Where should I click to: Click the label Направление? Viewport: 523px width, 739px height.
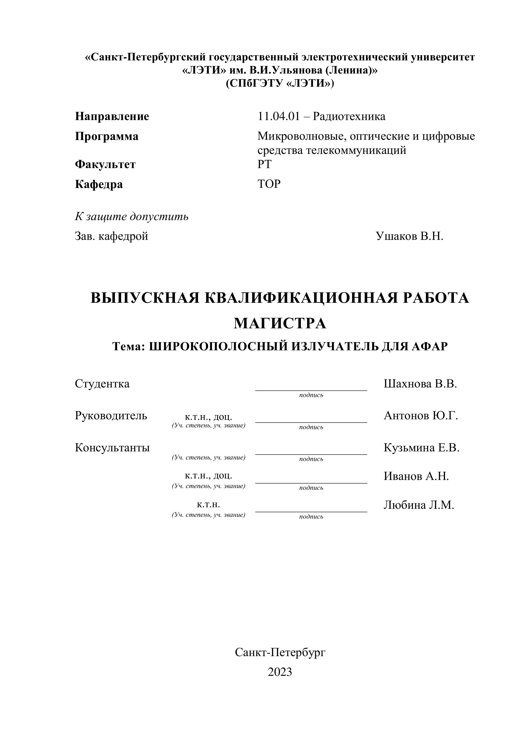click(x=112, y=116)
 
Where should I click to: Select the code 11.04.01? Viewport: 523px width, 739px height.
click(x=278, y=116)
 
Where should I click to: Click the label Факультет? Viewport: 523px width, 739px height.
click(x=105, y=165)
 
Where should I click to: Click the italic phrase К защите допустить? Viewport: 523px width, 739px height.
click(x=132, y=217)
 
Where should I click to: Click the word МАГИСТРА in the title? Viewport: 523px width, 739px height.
click(x=280, y=324)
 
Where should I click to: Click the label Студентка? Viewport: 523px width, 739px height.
click(x=102, y=384)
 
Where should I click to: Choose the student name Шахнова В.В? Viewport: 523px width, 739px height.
click(x=420, y=384)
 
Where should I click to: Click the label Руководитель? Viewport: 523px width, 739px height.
click(x=111, y=415)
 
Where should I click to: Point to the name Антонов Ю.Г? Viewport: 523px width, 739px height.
click(x=421, y=415)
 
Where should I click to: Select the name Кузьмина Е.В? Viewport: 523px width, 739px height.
click(x=421, y=448)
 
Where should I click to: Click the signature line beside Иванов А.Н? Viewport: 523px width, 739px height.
click(x=311, y=483)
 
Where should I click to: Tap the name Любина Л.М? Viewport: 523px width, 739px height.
click(x=419, y=505)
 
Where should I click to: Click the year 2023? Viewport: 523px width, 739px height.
click(x=280, y=672)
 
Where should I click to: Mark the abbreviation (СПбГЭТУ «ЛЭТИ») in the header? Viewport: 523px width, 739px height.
click(x=280, y=83)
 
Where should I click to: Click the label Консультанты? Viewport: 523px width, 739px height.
click(x=112, y=448)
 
